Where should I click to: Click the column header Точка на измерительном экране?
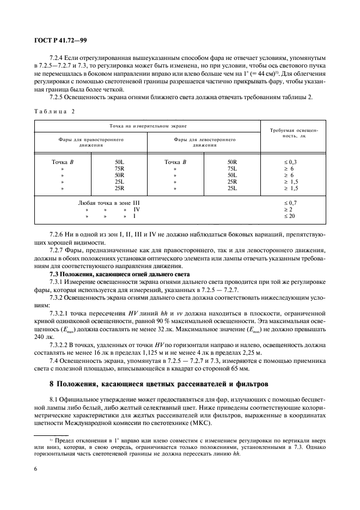coord(147,126)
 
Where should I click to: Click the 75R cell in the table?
coord(119,169)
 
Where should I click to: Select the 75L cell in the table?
coord(231,169)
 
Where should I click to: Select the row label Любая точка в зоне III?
coord(113,203)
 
